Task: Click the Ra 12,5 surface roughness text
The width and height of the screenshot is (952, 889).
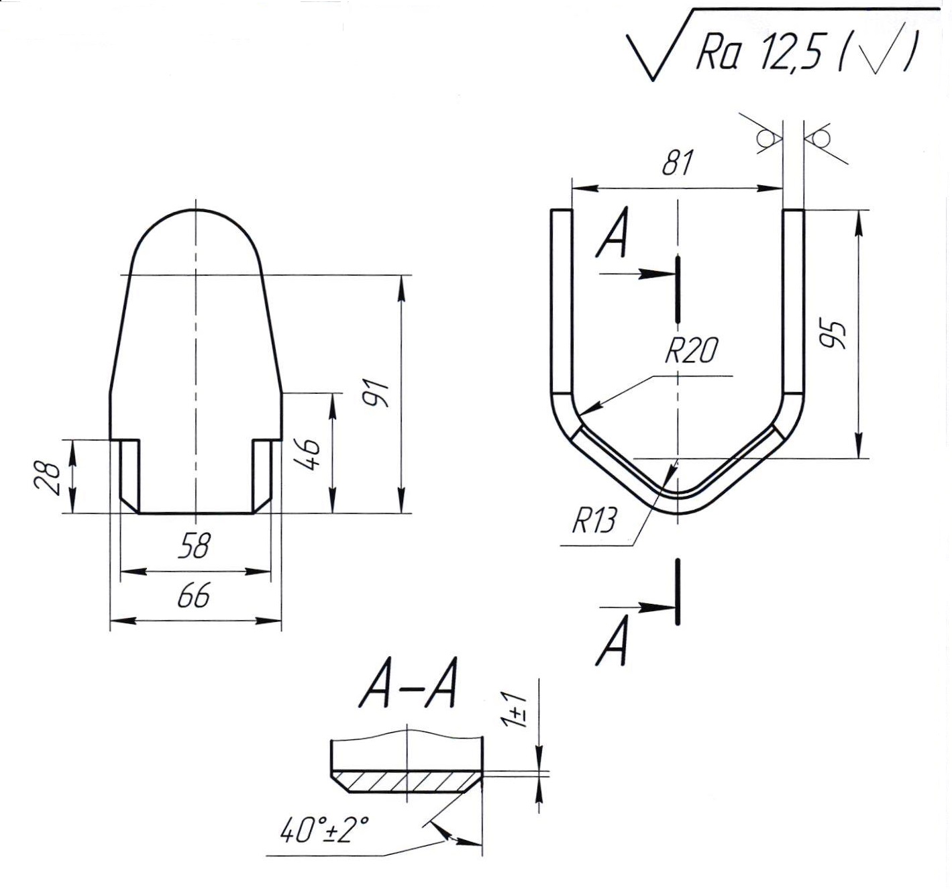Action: point(758,54)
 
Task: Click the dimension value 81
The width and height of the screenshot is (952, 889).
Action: point(677,163)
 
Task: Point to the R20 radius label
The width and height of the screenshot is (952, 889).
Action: point(691,350)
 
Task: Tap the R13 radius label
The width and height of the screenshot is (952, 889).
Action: point(593,520)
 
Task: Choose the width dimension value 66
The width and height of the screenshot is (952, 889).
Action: point(195,595)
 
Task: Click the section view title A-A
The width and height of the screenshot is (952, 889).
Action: point(409,688)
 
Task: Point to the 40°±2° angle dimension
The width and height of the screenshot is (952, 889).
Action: point(325,832)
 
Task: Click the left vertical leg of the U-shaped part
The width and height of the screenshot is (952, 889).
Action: point(562,302)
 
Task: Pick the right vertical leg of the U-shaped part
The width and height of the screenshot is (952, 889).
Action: point(794,302)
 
